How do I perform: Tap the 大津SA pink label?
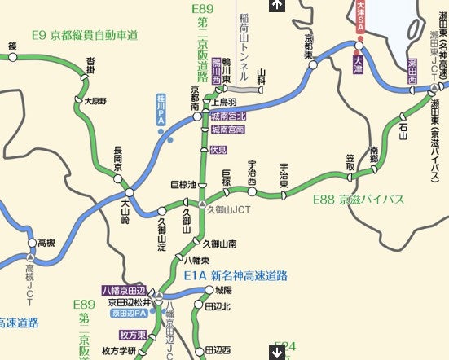(359, 19)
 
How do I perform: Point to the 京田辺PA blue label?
(129, 313)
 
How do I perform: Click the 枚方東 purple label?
(132, 335)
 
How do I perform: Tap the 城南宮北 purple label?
(227, 116)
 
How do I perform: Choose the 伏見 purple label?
(218, 151)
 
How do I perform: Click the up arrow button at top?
(277, 6)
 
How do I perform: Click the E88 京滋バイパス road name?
(359, 198)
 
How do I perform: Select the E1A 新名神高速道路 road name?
(236, 275)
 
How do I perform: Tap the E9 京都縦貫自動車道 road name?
(84, 36)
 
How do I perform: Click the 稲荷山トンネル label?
(244, 37)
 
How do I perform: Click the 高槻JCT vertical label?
(30, 282)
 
